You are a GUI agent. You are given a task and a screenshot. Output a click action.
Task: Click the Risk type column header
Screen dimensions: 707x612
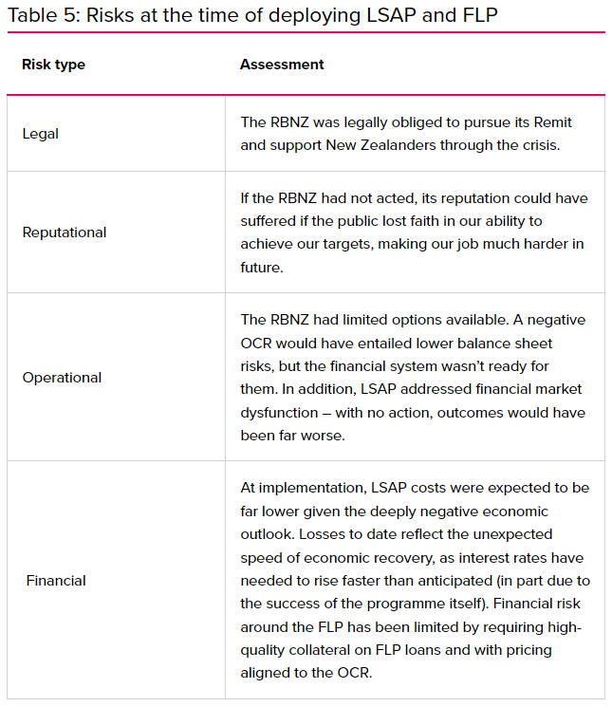[53, 65]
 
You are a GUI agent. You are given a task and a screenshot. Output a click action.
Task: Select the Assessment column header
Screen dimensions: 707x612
[282, 65]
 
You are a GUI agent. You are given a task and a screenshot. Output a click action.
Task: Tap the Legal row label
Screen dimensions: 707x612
[41, 134]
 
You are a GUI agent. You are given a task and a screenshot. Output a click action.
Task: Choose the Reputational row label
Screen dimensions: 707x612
[65, 233]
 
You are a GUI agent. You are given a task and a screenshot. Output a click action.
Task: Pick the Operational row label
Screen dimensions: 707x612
[62, 378]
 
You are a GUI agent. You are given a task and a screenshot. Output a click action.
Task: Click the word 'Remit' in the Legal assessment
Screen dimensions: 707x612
[551, 122]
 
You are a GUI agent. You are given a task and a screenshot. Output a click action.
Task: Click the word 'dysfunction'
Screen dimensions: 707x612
[280, 412]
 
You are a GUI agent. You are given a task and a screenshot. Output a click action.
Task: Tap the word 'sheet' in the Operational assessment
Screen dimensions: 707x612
[534, 343]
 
